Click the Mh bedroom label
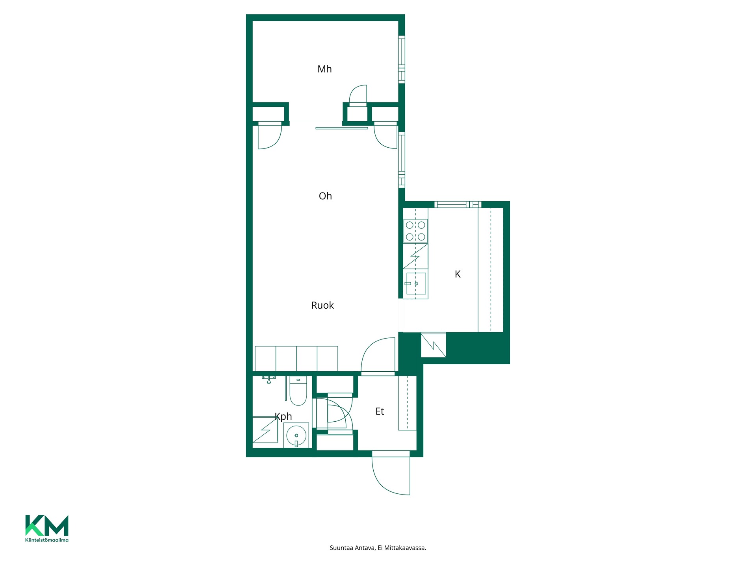coord(324,69)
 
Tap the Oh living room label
coord(325,196)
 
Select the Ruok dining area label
coord(322,306)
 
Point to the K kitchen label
coord(458,274)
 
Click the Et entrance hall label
coord(380,411)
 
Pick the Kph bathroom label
coord(283,417)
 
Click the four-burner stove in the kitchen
coord(415,231)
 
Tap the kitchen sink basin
coord(416,283)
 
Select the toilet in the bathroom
coord(298,391)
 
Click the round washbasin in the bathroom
coord(296,436)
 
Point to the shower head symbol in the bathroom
coord(269,380)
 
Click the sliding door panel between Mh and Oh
coord(342,128)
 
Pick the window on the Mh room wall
coord(402,59)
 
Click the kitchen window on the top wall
coord(458,204)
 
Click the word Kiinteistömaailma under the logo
coord(47,540)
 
